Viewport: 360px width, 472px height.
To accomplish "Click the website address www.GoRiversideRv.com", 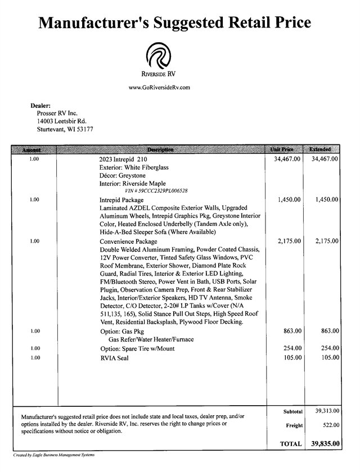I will tap(159, 87).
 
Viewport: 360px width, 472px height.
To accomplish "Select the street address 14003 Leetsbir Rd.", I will tap(61, 121).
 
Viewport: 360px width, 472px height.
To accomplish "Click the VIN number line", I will tap(148, 190).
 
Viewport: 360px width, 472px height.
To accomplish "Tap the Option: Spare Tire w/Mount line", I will tap(137, 348).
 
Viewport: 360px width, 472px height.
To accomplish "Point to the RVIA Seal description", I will tap(114, 357).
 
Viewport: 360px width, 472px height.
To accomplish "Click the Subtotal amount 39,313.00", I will tap(325, 411).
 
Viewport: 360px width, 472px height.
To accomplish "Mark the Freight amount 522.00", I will tap(329, 425).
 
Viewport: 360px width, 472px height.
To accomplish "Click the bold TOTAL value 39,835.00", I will tap(325, 443).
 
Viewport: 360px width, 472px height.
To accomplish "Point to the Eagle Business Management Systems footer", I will tap(54, 455).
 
